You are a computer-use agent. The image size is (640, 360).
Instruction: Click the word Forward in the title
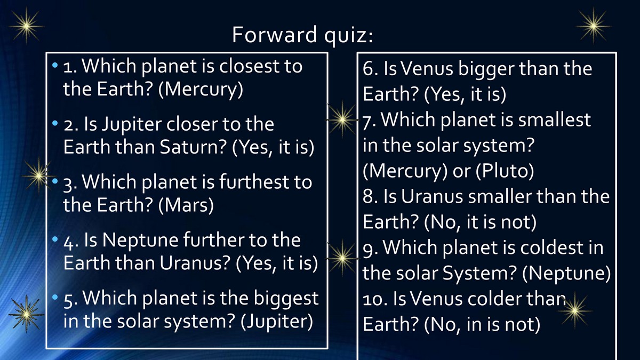[274, 35]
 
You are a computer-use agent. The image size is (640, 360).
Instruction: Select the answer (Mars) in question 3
[186, 205]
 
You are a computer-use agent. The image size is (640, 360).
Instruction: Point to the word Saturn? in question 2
[193, 147]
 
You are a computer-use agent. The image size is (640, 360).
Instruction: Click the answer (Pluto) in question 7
[505, 171]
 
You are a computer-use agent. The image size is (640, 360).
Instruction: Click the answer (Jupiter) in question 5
[277, 322]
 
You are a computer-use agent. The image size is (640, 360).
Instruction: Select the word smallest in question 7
[555, 119]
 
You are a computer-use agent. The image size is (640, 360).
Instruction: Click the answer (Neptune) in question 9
[566, 274]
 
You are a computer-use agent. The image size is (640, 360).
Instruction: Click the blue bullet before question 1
[55, 66]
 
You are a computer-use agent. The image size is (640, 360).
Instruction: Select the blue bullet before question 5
[55, 297]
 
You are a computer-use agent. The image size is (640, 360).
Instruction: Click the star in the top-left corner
[26, 26]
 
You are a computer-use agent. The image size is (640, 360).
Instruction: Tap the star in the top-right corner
[594, 26]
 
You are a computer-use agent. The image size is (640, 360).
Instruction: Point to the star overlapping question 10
[575, 310]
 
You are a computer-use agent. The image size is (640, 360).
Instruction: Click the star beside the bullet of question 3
[38, 175]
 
